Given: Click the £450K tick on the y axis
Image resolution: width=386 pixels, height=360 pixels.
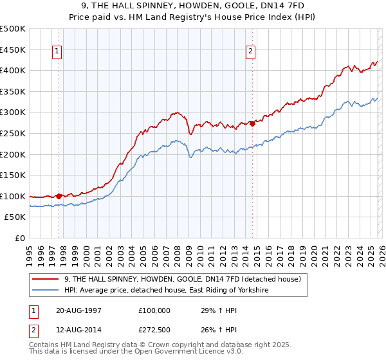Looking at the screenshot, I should (13, 50).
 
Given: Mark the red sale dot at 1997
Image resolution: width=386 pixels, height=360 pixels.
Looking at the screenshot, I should (59, 196).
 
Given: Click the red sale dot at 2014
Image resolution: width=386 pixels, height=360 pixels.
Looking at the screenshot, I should (252, 123).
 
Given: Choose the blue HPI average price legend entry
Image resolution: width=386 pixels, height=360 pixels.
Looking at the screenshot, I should (166, 291).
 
